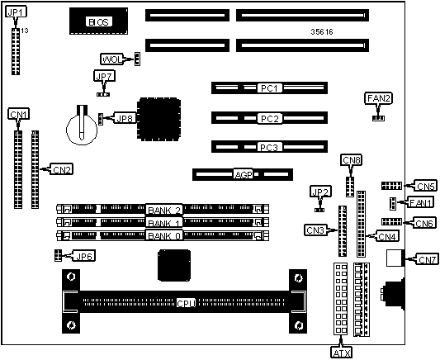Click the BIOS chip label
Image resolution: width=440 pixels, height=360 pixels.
99,22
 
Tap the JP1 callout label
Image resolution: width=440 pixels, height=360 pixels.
16,12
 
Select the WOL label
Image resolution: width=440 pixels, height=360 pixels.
111,59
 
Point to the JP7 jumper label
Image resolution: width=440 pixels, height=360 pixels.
104,76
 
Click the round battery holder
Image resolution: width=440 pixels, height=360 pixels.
82,126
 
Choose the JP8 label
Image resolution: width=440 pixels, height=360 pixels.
125,118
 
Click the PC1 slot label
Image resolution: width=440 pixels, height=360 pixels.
269,88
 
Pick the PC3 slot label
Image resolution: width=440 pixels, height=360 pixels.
269,147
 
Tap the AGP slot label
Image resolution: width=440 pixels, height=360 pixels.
244,174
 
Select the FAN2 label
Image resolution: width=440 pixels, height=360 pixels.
379,98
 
